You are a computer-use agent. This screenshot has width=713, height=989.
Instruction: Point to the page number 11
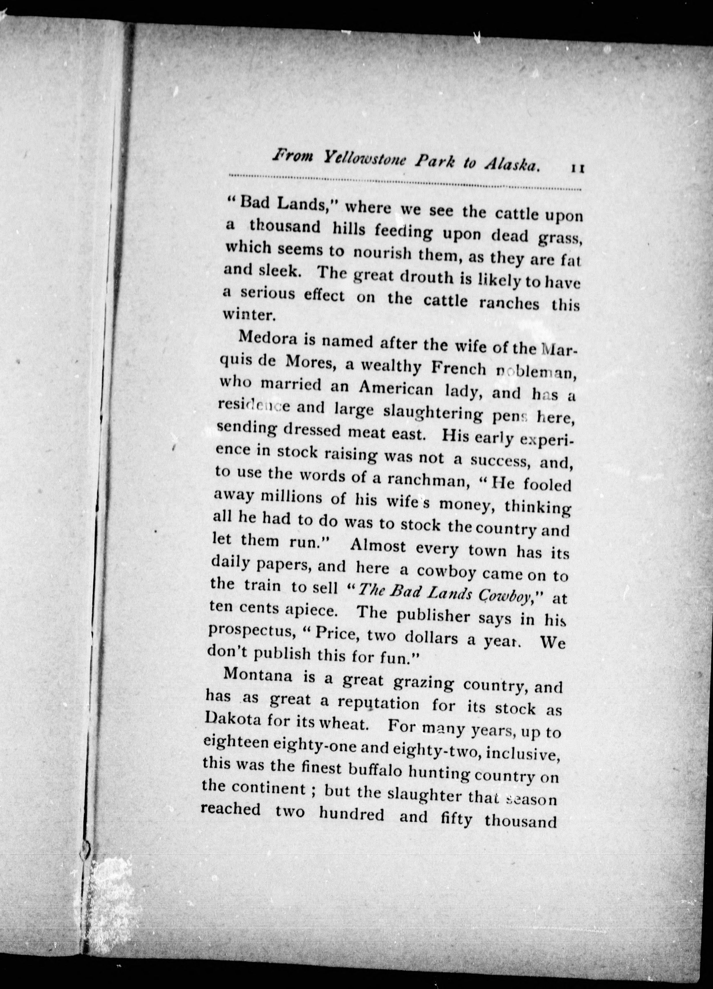(577, 168)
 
